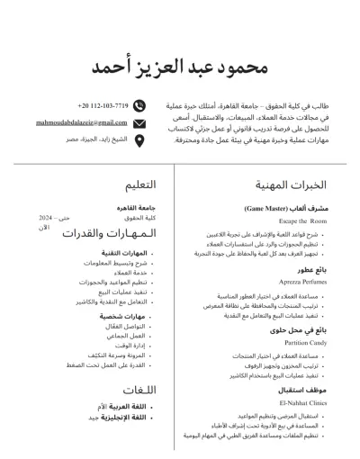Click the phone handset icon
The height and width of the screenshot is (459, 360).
(139, 106)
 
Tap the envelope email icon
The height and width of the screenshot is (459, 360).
(139, 122)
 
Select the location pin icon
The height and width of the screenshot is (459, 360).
(139, 139)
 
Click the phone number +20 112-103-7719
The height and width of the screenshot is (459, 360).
(103, 106)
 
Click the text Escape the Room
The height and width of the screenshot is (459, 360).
(302, 220)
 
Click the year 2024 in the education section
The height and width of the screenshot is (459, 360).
(46, 219)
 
